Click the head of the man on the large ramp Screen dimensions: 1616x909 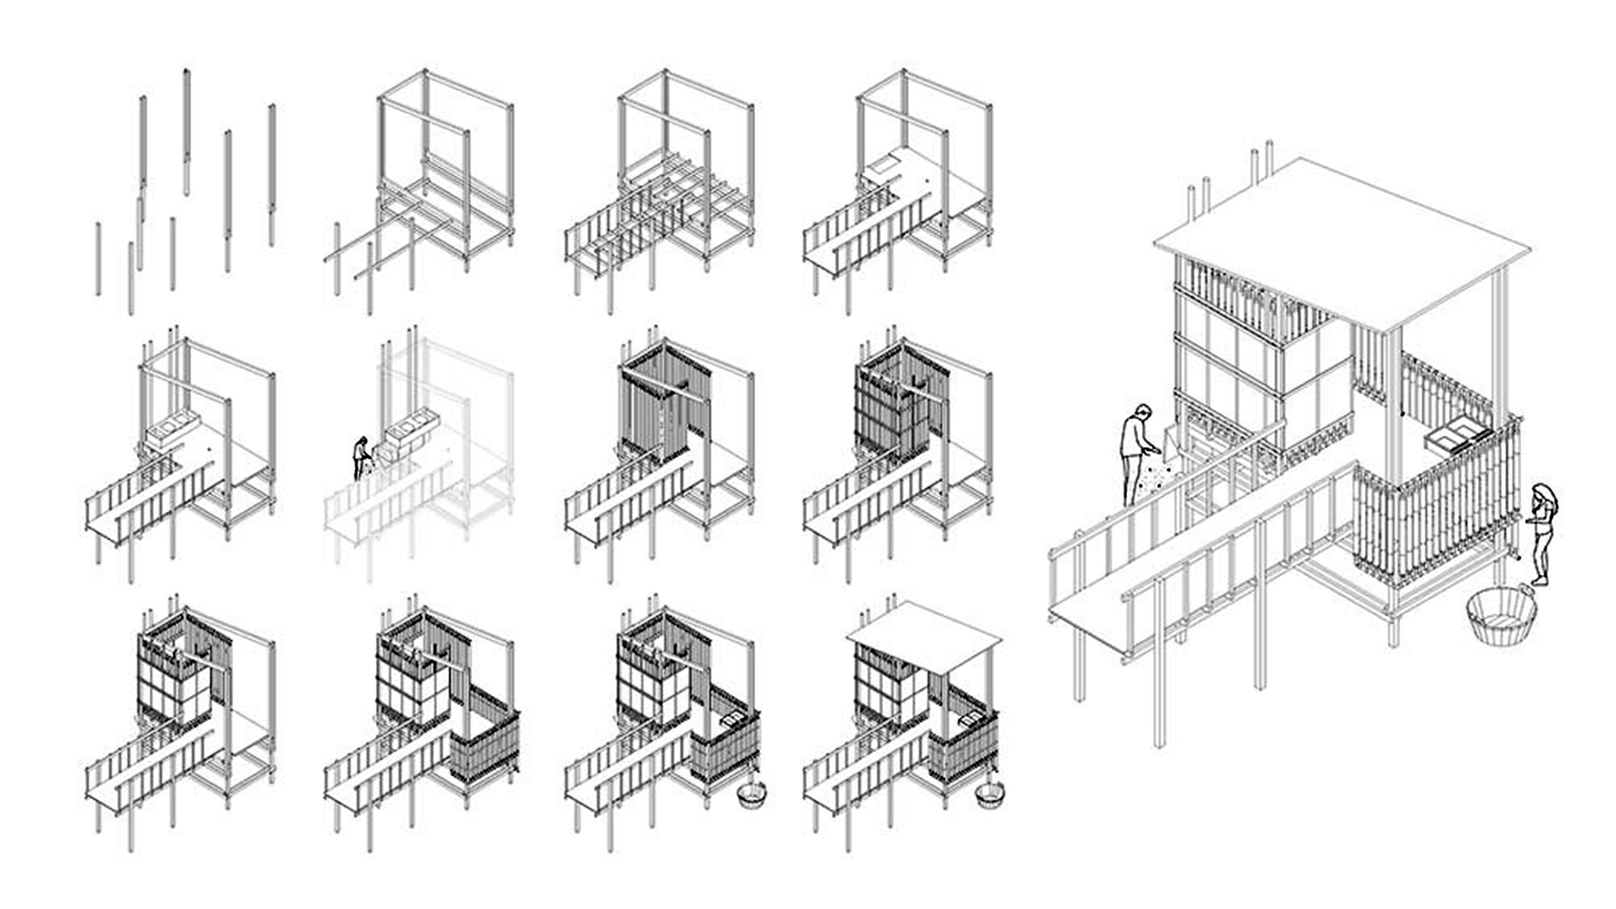click(x=1142, y=412)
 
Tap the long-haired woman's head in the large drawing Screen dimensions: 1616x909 click(x=1543, y=495)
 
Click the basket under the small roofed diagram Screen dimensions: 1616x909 click(x=990, y=795)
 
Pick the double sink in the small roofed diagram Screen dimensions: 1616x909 click(x=970, y=720)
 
